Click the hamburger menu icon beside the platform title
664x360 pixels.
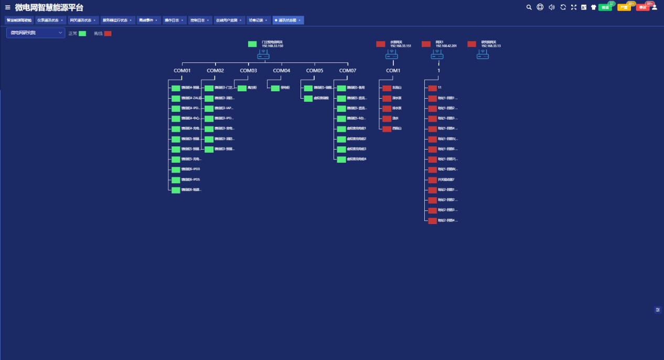click(8, 7)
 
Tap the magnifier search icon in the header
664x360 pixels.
click(529, 7)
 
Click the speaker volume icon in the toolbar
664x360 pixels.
click(551, 7)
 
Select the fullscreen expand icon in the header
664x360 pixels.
click(573, 7)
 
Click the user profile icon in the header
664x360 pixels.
click(654, 7)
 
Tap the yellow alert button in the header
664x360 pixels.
click(624, 7)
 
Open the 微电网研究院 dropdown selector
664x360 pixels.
click(35, 33)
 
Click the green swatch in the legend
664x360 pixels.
click(82, 34)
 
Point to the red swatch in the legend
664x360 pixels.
click(108, 34)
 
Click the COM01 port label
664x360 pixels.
click(182, 70)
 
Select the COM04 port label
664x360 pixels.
click(281, 70)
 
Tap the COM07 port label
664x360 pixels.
click(347, 70)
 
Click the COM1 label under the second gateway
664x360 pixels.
click(393, 70)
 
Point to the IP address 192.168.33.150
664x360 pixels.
click(272, 46)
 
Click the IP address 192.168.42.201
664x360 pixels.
click(446, 46)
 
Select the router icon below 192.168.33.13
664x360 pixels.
click(483, 55)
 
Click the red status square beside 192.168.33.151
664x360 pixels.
click(381, 44)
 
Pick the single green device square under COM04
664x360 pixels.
click(275, 88)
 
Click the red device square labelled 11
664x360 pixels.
click(432, 88)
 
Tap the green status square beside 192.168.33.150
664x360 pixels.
click(252, 44)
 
